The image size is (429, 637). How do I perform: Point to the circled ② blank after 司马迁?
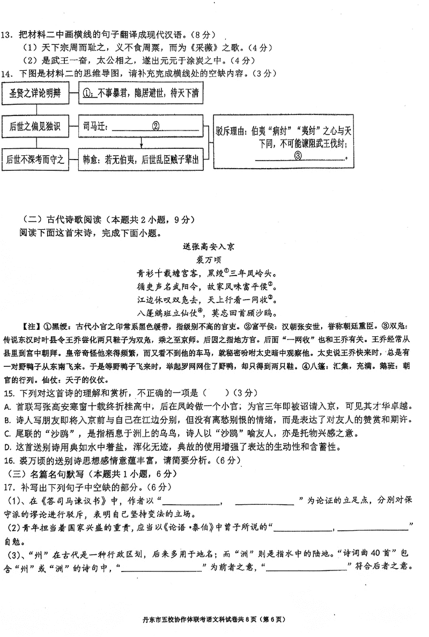pyautogui.click(x=156, y=127)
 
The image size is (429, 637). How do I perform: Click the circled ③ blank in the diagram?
pyautogui.click(x=298, y=156)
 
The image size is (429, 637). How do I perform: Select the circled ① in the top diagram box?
pyautogui.click(x=89, y=94)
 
